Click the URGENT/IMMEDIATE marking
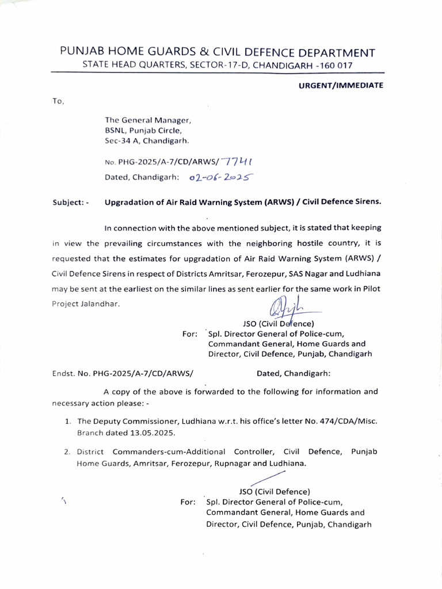(340, 85)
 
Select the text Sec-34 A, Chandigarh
(146, 140)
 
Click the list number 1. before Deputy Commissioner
(68, 421)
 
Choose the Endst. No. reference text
(123, 372)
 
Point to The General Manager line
(147, 120)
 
